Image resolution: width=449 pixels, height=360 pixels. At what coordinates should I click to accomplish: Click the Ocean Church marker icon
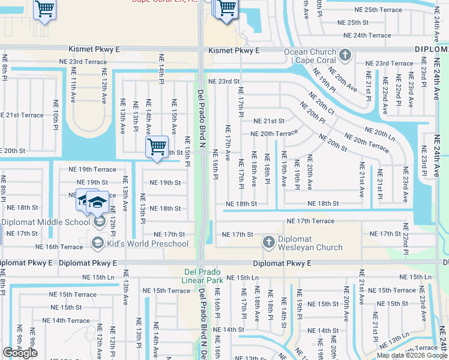coord(345,56)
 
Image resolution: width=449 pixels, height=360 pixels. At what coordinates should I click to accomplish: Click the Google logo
coord(20,353)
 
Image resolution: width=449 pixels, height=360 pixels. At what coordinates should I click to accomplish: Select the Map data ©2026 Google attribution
coord(412,355)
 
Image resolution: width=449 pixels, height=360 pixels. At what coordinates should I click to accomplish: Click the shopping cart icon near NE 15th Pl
coord(157,146)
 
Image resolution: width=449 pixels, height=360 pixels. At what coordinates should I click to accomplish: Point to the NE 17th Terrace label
coord(310,221)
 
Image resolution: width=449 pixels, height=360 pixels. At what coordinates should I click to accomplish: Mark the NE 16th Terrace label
coord(59,247)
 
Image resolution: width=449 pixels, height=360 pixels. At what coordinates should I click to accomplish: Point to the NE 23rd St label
coord(224,82)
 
